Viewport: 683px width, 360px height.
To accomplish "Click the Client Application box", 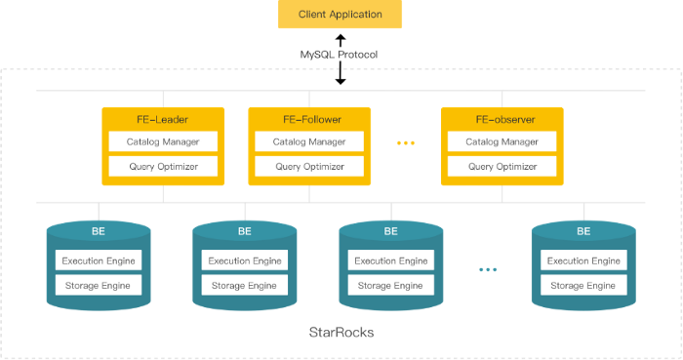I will click(340, 16).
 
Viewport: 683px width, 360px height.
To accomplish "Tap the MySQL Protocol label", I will click(340, 54).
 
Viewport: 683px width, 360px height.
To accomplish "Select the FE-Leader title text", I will click(164, 120).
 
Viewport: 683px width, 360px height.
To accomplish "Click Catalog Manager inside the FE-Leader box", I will click(164, 141).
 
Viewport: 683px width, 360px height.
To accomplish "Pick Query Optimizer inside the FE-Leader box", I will click(164, 167).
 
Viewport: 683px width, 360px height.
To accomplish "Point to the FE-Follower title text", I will click(310, 120).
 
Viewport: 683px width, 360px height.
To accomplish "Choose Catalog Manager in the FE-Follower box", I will click(310, 141).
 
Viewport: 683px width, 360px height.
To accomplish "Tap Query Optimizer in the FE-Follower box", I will click(310, 167).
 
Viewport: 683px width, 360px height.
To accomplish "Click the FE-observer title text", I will click(503, 120).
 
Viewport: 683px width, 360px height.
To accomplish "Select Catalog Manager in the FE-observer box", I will click(503, 141).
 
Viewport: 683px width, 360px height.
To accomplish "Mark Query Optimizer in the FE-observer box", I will click(503, 167).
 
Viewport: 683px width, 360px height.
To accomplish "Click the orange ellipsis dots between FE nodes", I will click(405, 143).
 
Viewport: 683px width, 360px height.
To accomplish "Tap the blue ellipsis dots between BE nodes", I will click(489, 269).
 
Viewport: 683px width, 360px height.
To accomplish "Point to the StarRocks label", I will click(341, 333).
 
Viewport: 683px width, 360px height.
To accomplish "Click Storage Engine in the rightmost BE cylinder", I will click(583, 286).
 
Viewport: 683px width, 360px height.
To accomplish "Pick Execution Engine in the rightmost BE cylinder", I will click(583, 260).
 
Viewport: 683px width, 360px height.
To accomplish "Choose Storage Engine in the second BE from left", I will click(244, 286).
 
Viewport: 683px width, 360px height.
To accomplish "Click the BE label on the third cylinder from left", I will click(390, 232).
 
